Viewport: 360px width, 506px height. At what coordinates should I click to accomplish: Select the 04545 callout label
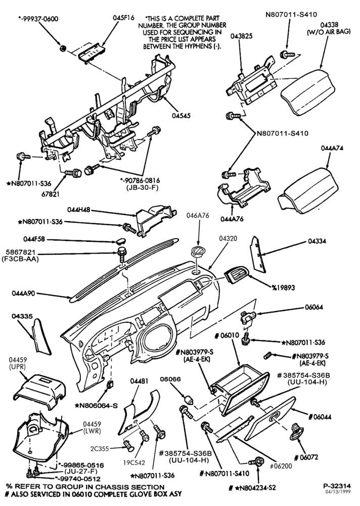tap(181, 115)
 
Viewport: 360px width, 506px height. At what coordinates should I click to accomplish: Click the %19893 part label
tap(283, 287)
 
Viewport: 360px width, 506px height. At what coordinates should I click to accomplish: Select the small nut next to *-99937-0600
tap(63, 48)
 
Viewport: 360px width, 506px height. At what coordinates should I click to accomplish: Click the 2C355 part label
tap(100, 448)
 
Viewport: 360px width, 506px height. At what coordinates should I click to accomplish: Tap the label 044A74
tap(332, 148)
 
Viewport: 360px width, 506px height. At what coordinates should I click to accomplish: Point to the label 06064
tap(314, 307)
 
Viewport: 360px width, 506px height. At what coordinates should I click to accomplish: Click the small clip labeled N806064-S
tap(110, 385)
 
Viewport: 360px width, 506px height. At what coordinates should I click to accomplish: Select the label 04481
tap(139, 381)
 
